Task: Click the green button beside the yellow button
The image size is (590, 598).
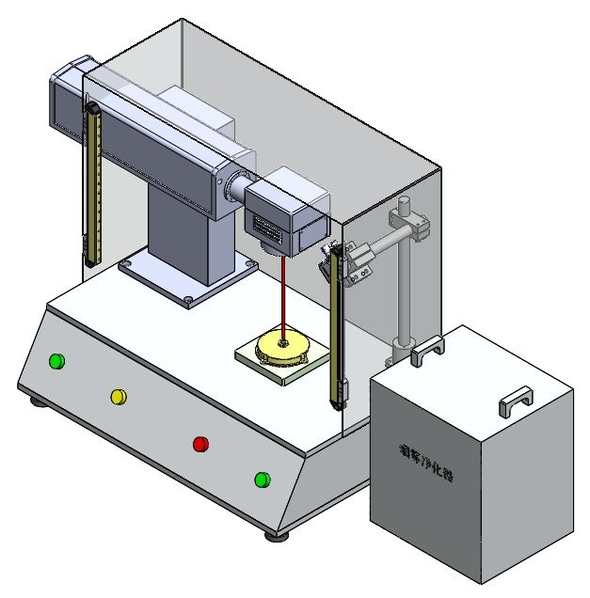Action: coord(56,361)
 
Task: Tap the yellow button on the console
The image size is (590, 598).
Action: coord(120,397)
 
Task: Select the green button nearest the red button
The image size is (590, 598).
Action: coord(263,480)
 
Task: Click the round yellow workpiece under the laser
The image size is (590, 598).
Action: coord(282,348)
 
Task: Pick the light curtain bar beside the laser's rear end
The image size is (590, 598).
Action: coord(92,183)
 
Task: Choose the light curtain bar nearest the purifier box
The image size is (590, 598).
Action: coord(336,329)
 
